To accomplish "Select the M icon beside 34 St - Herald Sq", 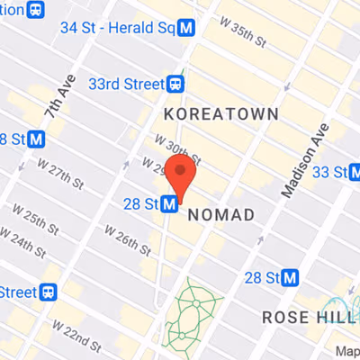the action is point(187,28).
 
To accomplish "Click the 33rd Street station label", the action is point(125,83).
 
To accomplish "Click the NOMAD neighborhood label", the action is point(220,214).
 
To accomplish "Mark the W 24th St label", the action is point(30,244).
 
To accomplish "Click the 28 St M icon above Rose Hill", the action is point(289,278).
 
